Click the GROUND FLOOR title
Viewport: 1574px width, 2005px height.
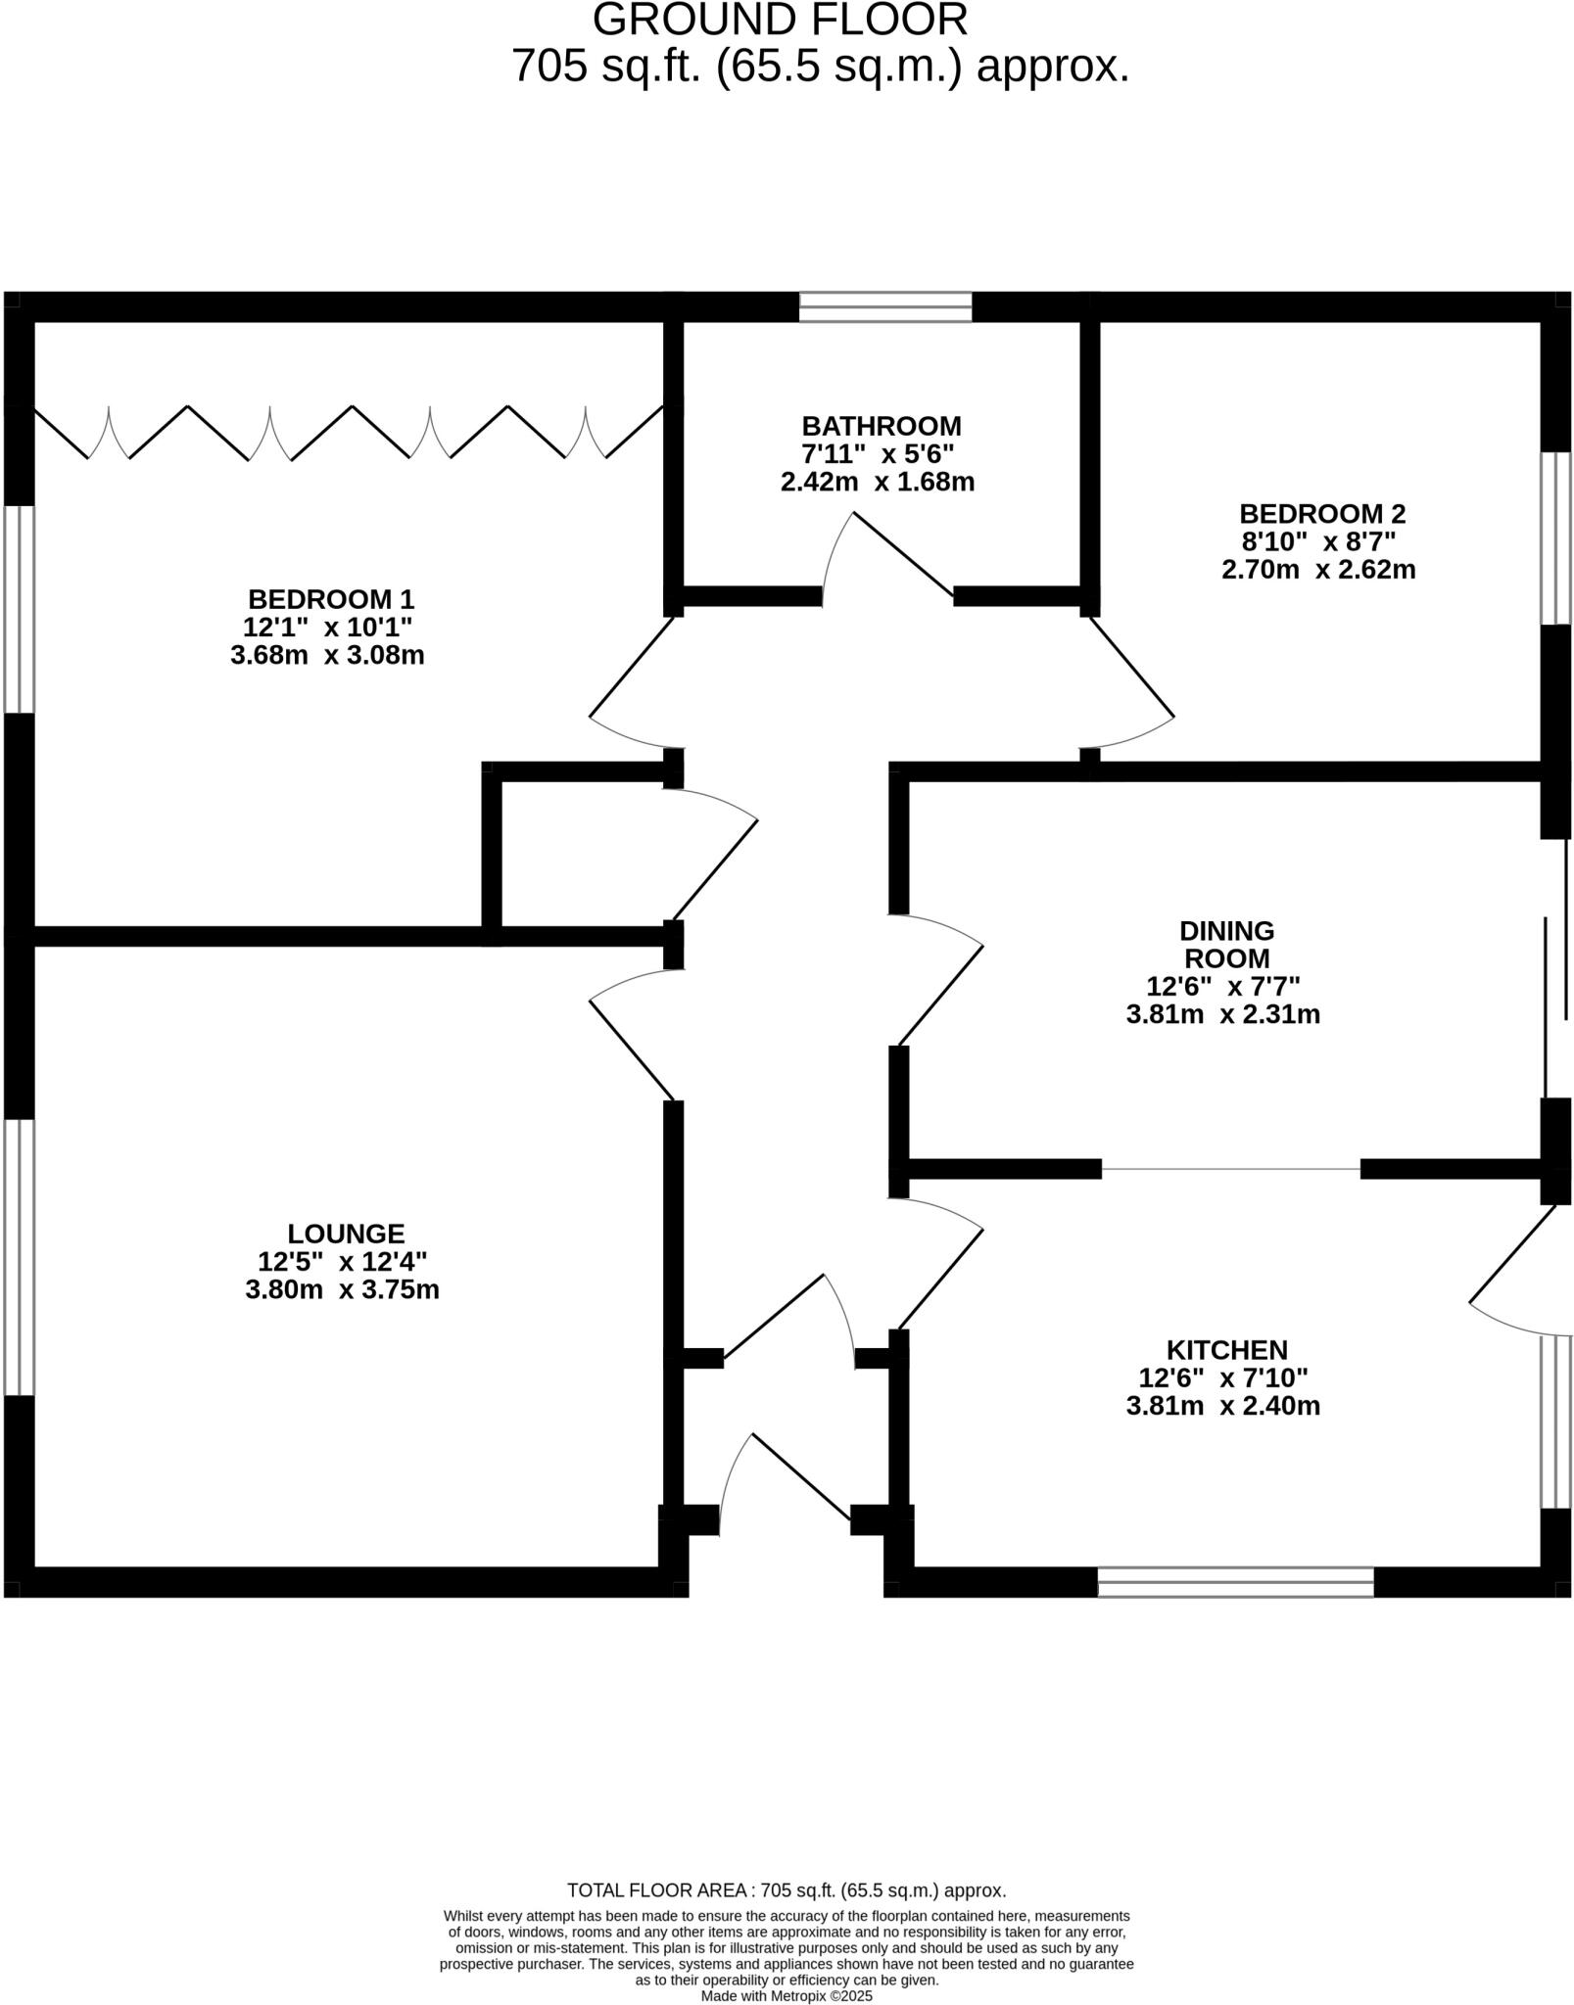coord(780,20)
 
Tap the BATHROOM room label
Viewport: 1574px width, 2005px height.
coord(881,426)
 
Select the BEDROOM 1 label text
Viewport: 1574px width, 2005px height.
coord(331,598)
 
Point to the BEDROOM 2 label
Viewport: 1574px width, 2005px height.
coord(1321,513)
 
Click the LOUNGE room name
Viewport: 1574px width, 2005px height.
coord(346,1233)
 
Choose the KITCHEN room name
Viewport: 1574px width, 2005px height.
coord(1226,1350)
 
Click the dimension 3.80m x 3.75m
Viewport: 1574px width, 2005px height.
coord(342,1289)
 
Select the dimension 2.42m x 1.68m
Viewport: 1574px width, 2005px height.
coord(877,482)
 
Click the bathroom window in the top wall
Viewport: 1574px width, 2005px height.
coord(885,306)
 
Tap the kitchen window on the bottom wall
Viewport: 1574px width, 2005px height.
coord(1234,1581)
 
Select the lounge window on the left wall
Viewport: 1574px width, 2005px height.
coord(20,1256)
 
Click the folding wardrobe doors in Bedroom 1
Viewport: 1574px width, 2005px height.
coord(349,432)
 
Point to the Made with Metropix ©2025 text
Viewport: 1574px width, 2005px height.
coord(786,1995)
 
